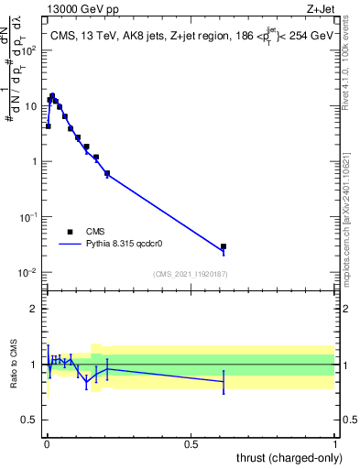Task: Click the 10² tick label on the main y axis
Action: pyautogui.click(x=31, y=50)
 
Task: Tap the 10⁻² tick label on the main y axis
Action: pyautogui.click(x=31, y=273)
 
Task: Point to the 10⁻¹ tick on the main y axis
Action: pyautogui.click(x=31, y=217)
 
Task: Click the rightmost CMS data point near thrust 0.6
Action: pyautogui.click(x=224, y=246)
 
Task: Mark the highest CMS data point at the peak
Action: pyautogui.click(x=52, y=95)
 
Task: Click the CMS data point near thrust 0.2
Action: pyautogui.click(x=107, y=173)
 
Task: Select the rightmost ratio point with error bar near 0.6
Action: pyautogui.click(x=224, y=381)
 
